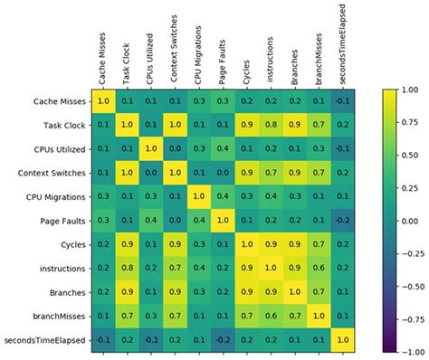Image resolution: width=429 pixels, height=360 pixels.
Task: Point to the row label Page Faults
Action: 65,221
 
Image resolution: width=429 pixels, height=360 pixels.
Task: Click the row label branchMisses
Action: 61,315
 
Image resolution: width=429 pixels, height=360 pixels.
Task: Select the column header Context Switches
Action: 174,47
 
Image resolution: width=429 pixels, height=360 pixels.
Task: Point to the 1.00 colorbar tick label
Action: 410,91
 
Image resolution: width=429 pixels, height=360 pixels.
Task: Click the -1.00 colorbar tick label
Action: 408,350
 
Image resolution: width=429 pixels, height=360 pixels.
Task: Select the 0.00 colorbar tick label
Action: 410,221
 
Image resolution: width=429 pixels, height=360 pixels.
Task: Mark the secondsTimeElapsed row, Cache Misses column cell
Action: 103,338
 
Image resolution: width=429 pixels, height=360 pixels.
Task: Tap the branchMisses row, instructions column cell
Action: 269,315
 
